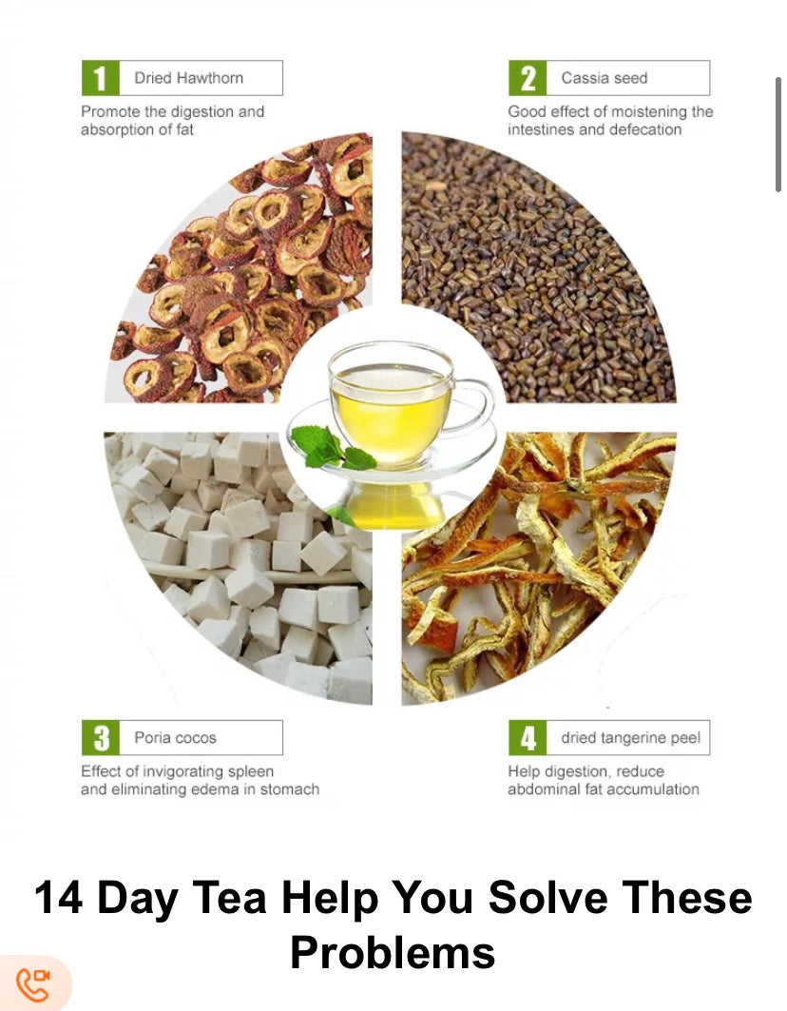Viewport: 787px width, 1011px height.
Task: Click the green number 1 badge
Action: pyautogui.click(x=101, y=78)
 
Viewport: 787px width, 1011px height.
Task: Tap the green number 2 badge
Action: pyautogui.click(x=528, y=78)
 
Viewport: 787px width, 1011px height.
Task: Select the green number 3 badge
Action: pyautogui.click(x=101, y=738)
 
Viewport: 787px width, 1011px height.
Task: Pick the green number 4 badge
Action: pyautogui.click(x=528, y=738)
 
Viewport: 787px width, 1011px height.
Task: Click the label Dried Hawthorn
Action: pyautogui.click(x=189, y=78)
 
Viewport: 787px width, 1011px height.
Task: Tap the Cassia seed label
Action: pyautogui.click(x=604, y=78)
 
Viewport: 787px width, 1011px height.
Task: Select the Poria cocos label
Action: pyautogui.click(x=175, y=738)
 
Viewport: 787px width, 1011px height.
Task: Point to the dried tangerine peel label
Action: pyautogui.click(x=630, y=738)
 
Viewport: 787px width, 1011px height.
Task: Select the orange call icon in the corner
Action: pyautogui.click(x=32, y=984)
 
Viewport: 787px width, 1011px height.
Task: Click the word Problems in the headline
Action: pyautogui.click(x=393, y=952)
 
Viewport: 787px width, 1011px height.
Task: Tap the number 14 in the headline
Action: pyautogui.click(x=59, y=897)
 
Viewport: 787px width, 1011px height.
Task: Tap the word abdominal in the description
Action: pyautogui.click(x=540, y=789)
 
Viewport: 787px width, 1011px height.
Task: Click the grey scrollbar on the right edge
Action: pyautogui.click(x=778, y=135)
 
